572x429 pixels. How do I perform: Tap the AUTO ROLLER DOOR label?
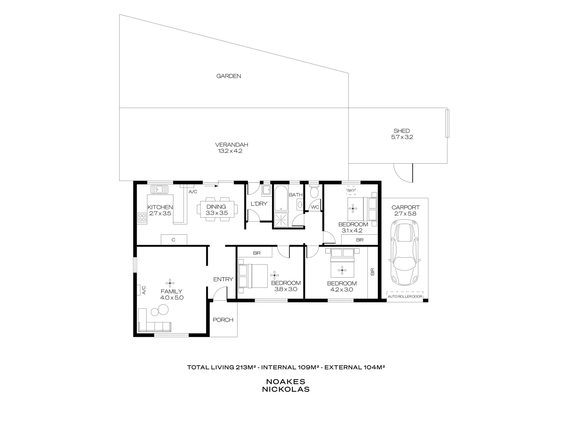point(405,296)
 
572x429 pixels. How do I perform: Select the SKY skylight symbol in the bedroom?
point(351,191)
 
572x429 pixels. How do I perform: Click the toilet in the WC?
point(314,193)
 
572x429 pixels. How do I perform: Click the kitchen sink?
point(159,189)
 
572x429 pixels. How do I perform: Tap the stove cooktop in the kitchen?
point(142,217)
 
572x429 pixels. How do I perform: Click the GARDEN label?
point(228,76)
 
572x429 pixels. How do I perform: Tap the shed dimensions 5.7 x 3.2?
point(402,137)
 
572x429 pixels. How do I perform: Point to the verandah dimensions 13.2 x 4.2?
point(229,151)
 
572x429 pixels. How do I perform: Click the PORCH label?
point(223,320)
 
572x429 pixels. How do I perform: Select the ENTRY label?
point(223,279)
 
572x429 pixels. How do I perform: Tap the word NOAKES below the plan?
point(286,381)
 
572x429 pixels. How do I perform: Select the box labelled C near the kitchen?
point(174,240)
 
